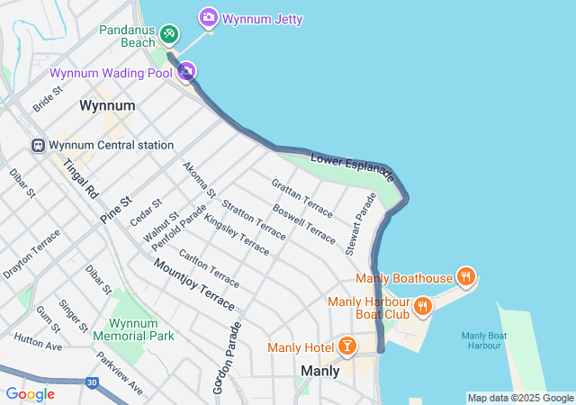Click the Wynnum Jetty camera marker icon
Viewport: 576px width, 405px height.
(x=209, y=18)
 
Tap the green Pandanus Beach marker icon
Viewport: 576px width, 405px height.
(x=168, y=34)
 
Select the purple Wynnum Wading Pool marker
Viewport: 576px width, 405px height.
(x=186, y=72)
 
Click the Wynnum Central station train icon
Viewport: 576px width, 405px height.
(x=39, y=145)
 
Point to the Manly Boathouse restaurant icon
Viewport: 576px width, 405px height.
(x=465, y=277)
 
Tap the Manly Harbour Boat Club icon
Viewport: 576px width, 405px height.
(x=423, y=306)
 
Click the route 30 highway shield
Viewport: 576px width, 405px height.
(x=93, y=382)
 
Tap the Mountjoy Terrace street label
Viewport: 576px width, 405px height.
(x=193, y=280)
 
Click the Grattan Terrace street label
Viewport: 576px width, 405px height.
(x=301, y=198)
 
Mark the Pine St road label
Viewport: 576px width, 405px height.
(x=116, y=211)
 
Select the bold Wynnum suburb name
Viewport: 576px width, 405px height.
(x=107, y=105)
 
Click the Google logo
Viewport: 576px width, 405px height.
(x=30, y=394)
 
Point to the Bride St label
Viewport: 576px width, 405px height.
(x=48, y=99)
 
